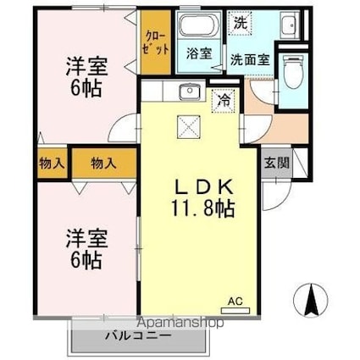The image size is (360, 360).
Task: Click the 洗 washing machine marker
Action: click(240, 22)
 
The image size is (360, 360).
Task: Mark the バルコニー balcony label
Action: click(139, 336)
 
